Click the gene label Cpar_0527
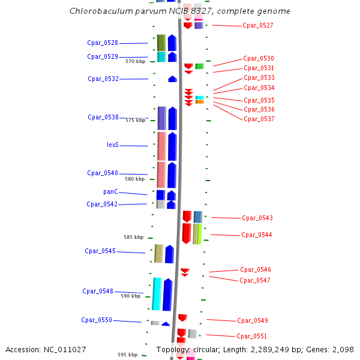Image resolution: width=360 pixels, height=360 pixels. (258, 25)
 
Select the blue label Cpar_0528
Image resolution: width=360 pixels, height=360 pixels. (103, 43)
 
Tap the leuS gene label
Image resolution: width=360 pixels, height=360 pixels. (113, 145)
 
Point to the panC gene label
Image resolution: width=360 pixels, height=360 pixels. (110, 192)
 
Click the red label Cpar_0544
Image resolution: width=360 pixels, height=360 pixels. (257, 235)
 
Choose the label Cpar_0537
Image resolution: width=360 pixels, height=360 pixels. (259, 119)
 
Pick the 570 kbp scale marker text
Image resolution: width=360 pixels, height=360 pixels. (135, 61)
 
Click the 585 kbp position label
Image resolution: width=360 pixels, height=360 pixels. (133, 237)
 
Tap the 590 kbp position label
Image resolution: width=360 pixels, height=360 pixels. (130, 296)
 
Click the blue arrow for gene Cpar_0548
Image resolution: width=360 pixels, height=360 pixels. (167, 294)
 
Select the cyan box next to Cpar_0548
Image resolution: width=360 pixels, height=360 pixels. (157, 294)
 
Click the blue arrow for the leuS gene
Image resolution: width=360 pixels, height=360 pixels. (172, 146)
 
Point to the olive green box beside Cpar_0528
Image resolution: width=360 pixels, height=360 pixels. (161, 43)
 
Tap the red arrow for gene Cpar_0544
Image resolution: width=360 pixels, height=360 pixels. (187, 233)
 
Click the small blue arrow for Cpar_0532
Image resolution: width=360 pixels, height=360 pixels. (173, 79)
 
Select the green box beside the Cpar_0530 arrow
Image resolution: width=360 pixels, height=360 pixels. (199, 66)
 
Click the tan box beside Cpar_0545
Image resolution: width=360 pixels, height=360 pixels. (159, 253)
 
